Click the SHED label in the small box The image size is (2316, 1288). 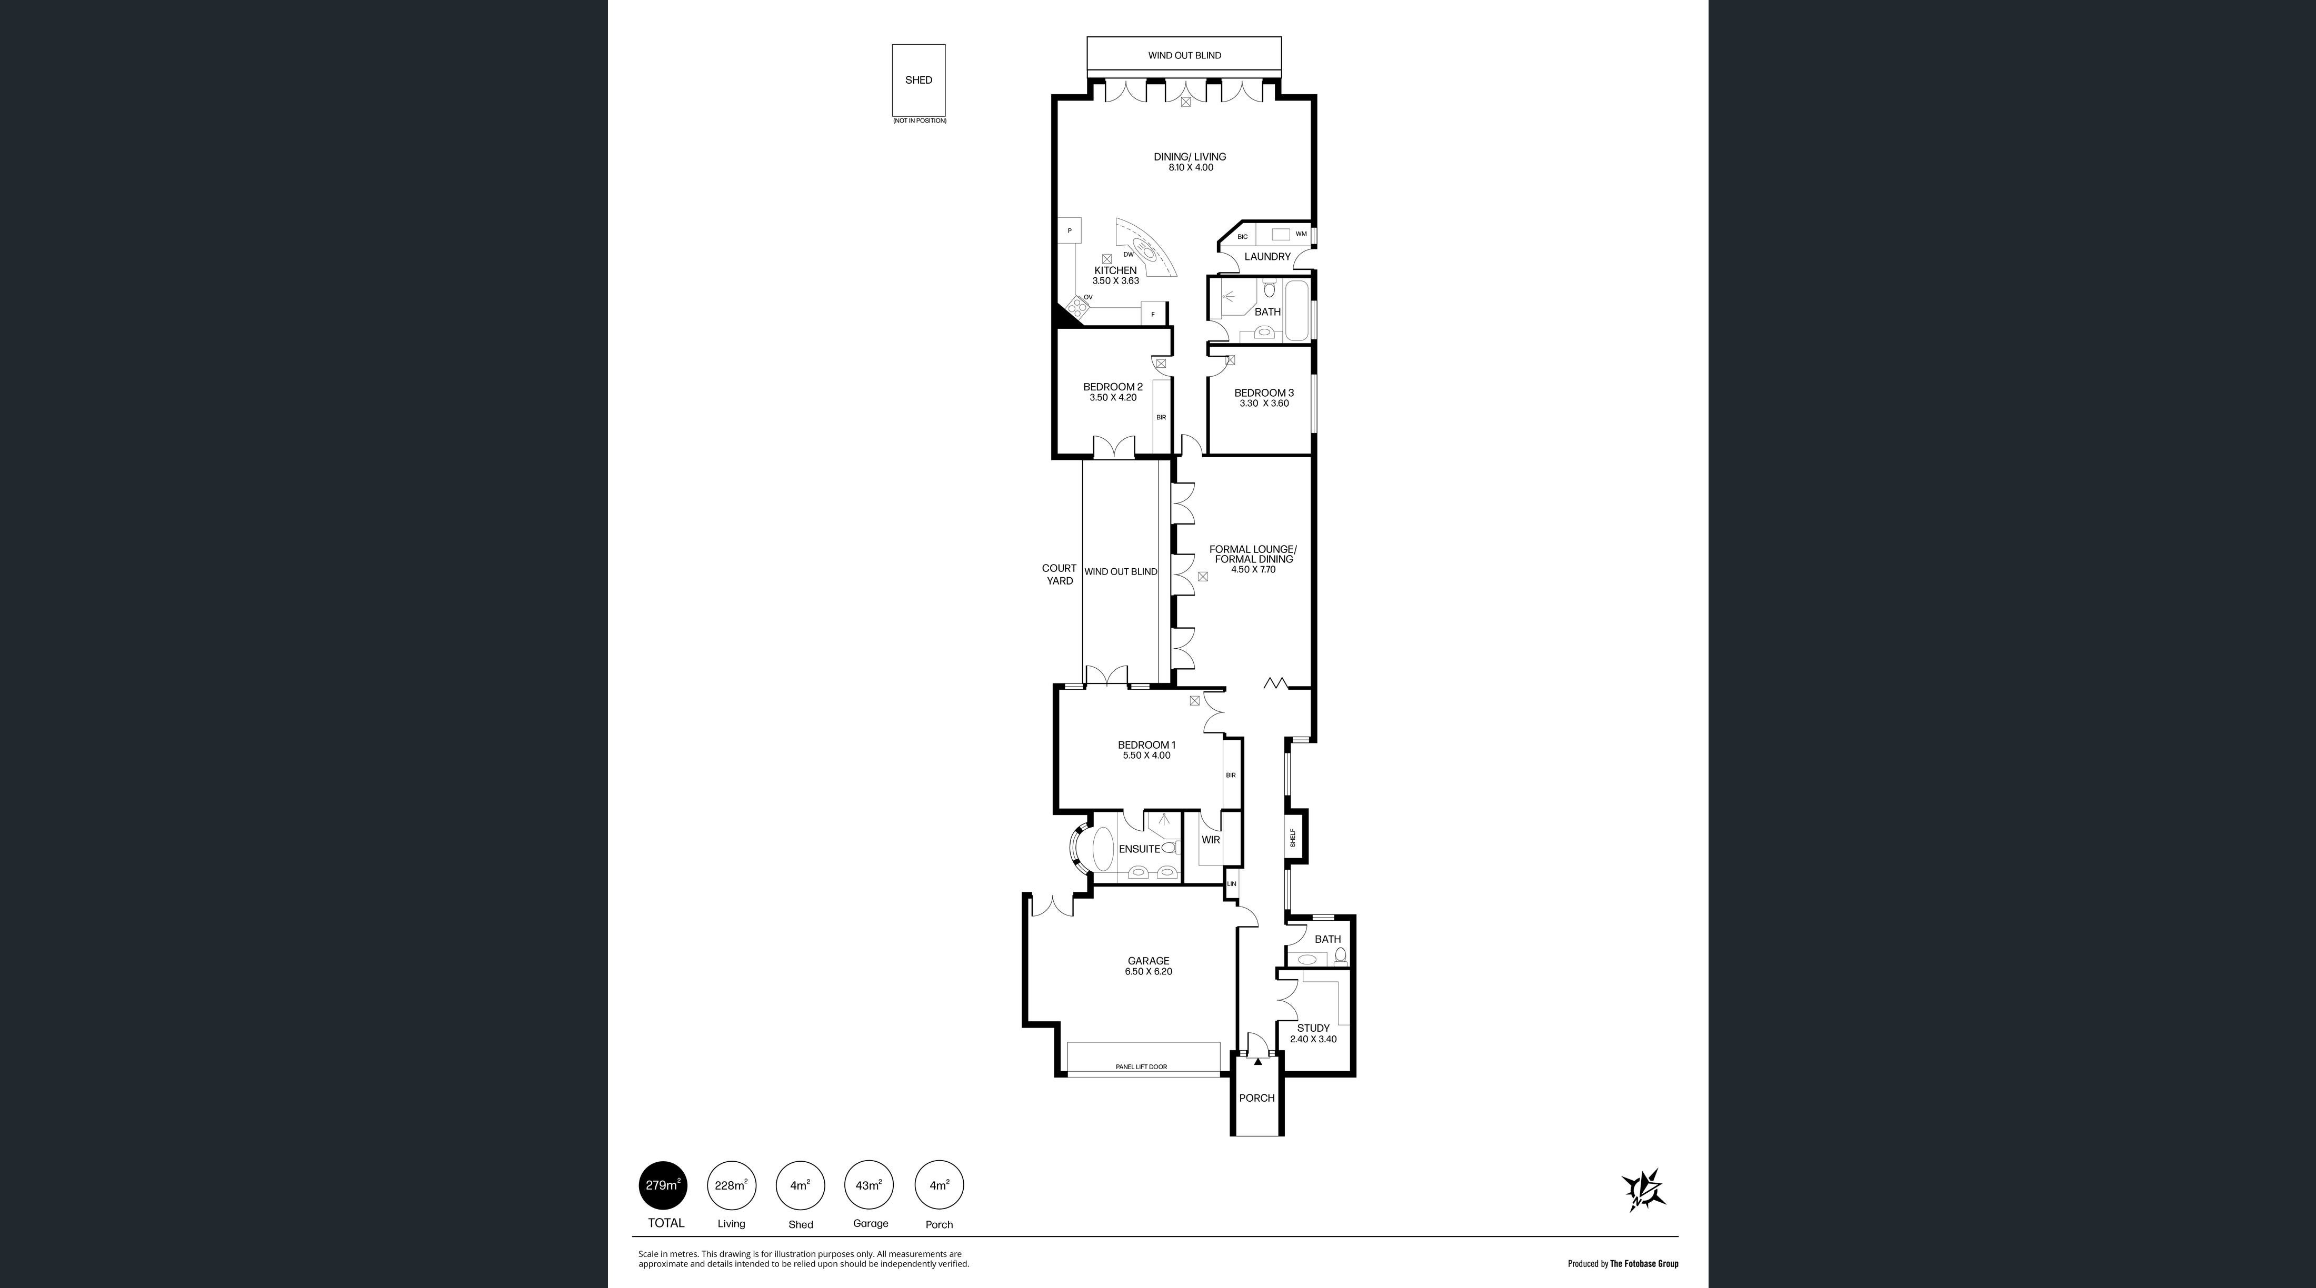click(x=918, y=80)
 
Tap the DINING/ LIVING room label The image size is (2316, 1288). click(x=1190, y=156)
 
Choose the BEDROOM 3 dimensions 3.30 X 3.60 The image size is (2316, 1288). click(x=1264, y=404)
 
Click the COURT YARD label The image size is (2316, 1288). click(x=1059, y=575)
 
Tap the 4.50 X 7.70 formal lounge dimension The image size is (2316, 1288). click(x=1253, y=569)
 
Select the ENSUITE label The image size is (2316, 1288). click(x=1139, y=849)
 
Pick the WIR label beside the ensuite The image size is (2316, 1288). click(x=1210, y=840)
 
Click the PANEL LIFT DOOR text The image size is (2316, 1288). click(x=1141, y=1067)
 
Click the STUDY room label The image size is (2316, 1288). click(x=1313, y=1028)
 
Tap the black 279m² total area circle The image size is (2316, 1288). click(x=663, y=1185)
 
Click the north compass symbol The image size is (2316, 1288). click(x=1643, y=1192)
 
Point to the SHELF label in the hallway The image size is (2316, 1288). click(x=1293, y=838)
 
